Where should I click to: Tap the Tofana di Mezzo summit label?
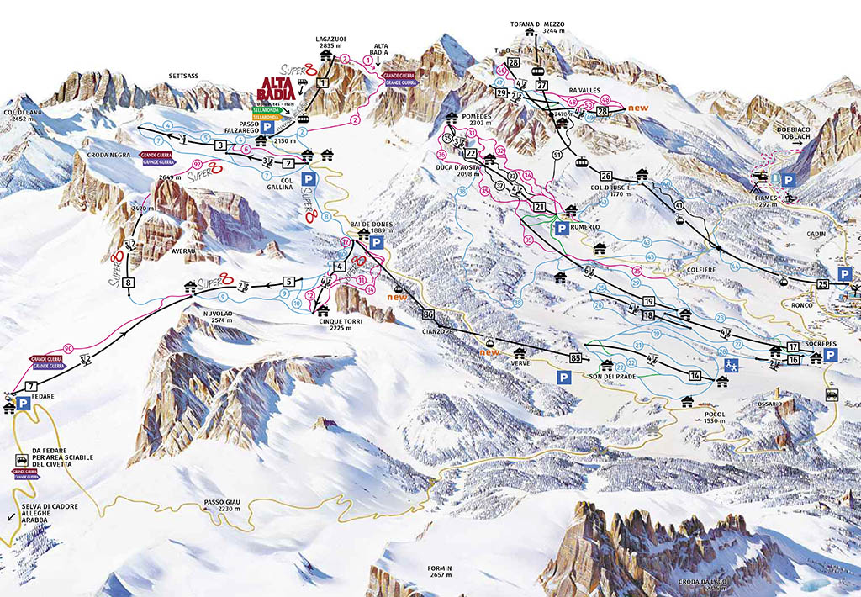click(537, 25)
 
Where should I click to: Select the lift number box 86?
click(429, 314)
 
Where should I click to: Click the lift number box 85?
click(575, 359)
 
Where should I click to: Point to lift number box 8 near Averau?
click(128, 283)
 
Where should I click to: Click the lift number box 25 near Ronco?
click(823, 284)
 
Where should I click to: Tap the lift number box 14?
click(695, 375)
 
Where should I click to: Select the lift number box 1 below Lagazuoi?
click(323, 82)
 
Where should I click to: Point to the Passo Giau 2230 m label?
click(223, 507)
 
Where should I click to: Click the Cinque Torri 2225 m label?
click(341, 325)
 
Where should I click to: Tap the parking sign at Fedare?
click(24, 405)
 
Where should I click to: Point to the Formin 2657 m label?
click(439, 573)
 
